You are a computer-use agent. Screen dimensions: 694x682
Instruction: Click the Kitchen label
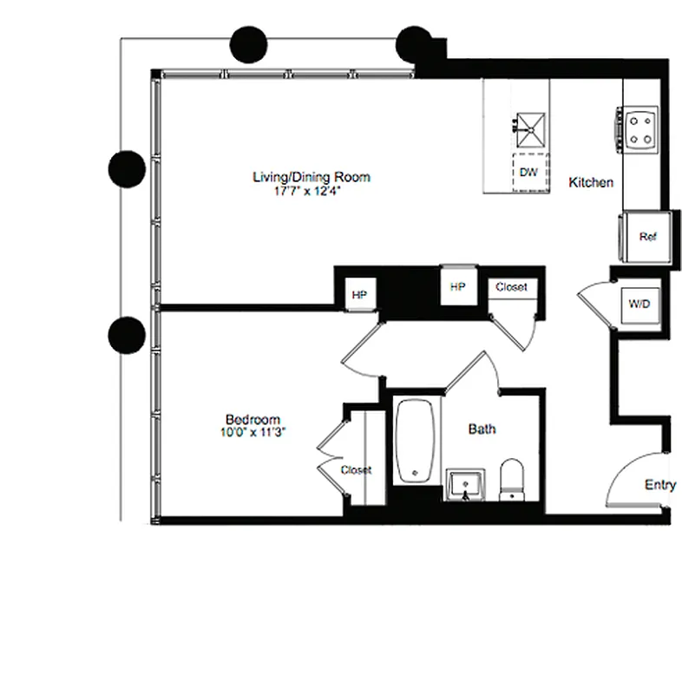coord(591,183)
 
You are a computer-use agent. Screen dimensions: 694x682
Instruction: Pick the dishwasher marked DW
coord(528,172)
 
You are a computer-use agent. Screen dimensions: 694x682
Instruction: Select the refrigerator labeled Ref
coord(646,236)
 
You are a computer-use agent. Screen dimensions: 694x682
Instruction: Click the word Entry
coord(659,486)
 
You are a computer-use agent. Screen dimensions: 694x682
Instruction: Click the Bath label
coord(482,429)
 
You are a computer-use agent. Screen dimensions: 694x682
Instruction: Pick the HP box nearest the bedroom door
coord(359,295)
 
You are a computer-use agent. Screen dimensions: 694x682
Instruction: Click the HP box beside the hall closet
coord(457,286)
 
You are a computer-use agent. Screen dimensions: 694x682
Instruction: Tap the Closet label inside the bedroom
coord(356,470)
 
